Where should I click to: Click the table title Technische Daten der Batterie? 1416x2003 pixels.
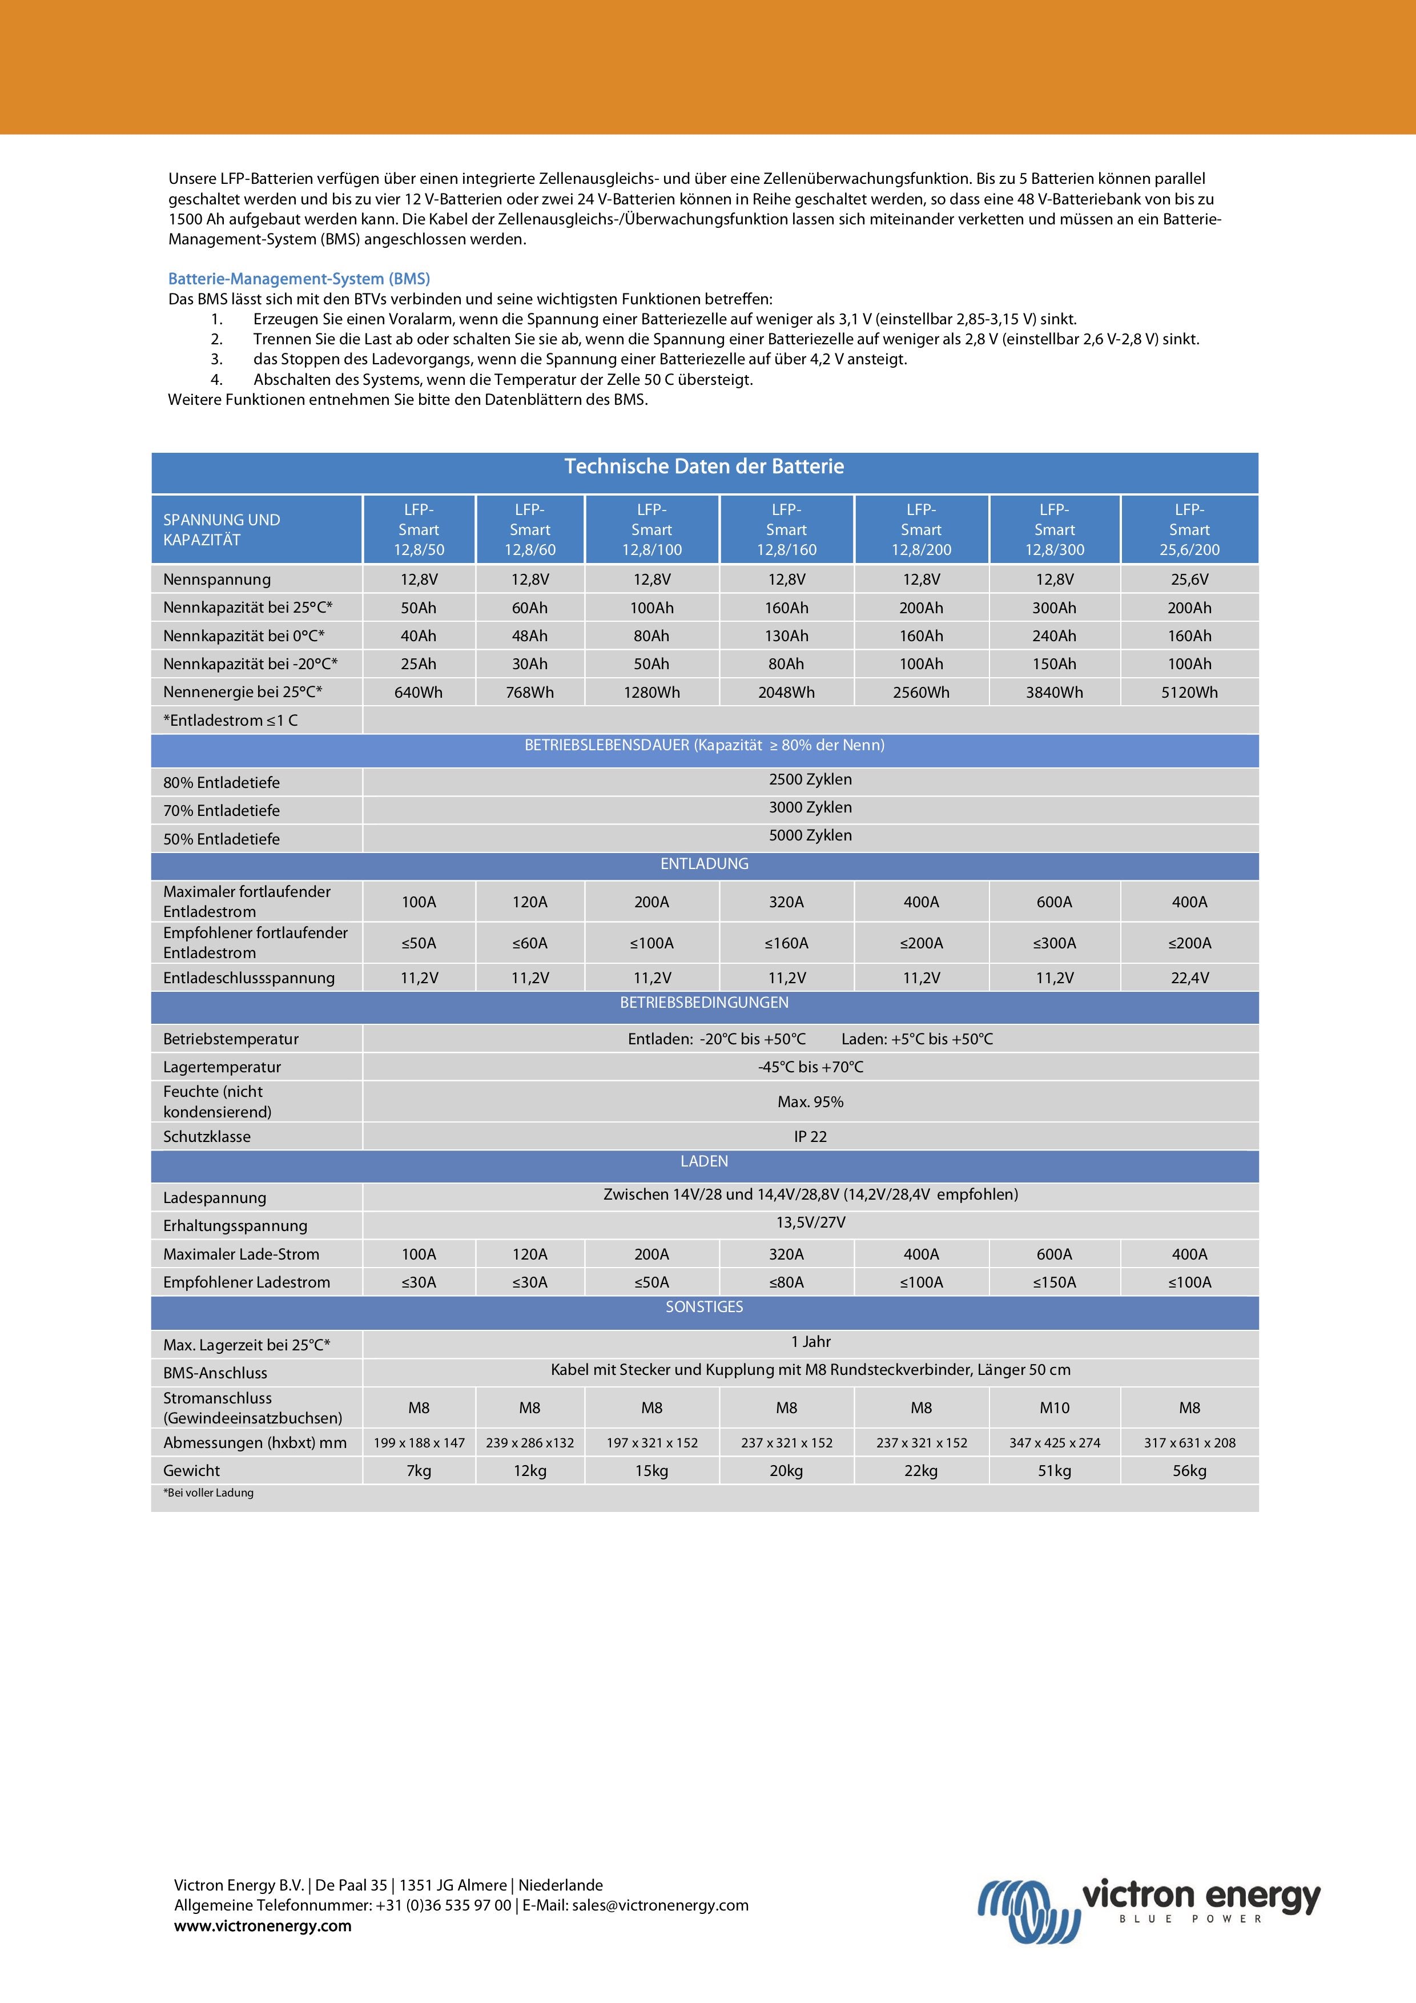point(704,466)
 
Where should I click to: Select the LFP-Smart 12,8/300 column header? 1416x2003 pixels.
point(1054,529)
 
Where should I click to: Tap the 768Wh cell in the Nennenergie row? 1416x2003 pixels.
point(530,693)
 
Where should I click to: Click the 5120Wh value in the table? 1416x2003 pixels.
point(1189,693)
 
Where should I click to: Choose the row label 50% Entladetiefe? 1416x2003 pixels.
point(222,839)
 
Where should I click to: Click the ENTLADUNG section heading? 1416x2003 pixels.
point(704,864)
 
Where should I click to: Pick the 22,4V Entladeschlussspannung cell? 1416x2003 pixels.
point(1189,978)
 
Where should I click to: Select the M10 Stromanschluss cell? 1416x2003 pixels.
point(1054,1408)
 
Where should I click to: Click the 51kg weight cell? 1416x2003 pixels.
point(1054,1471)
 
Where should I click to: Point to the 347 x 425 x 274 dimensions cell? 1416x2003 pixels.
point(1054,1443)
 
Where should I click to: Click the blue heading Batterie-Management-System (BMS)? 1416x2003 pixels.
point(299,279)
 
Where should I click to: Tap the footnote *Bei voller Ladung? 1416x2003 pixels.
point(208,1493)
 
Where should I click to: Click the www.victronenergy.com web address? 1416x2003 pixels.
point(263,1926)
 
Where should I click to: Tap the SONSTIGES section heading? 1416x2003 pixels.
point(704,1307)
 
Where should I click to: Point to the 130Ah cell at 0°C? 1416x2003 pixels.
point(786,636)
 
